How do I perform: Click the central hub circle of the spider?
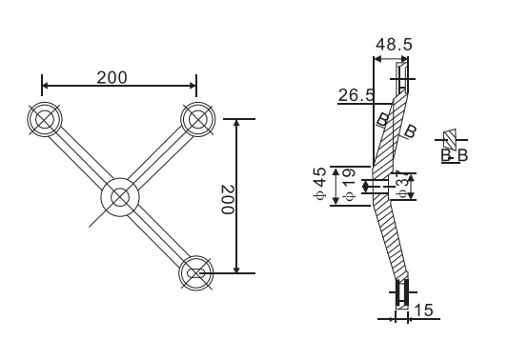coord(119,197)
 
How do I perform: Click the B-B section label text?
coord(453,154)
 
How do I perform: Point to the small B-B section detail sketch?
coord(452,137)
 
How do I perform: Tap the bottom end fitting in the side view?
coord(402,292)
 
